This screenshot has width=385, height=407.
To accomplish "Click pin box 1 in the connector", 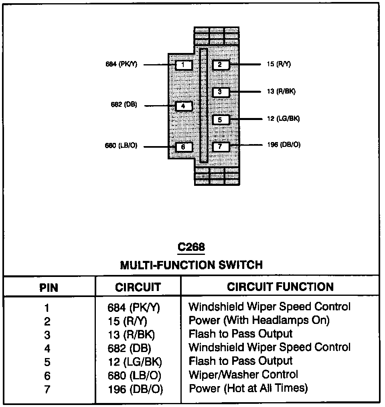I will pyautogui.click(x=183, y=64).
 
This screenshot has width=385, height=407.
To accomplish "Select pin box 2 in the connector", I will pyautogui.click(x=220, y=64).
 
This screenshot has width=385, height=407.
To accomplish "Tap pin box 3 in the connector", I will pyautogui.click(x=220, y=92).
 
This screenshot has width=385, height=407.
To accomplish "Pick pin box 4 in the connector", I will pyautogui.click(x=183, y=106).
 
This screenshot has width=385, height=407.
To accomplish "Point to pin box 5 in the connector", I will pyautogui.click(x=220, y=120).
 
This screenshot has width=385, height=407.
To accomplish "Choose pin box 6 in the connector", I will pyautogui.click(x=183, y=147).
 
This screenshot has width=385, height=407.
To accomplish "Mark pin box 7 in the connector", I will pyautogui.click(x=220, y=147).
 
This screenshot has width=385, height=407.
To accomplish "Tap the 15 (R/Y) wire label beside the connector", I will pyautogui.click(x=278, y=64).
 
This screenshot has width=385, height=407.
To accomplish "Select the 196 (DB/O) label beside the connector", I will pyautogui.click(x=284, y=145).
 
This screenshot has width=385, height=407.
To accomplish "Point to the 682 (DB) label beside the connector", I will pyautogui.click(x=124, y=105).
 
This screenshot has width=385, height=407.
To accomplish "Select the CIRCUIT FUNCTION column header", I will pyautogui.click(x=280, y=287).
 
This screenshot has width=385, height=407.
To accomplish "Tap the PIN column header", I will pyautogui.click(x=49, y=287).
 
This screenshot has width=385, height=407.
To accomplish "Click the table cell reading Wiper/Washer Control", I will pyautogui.click(x=243, y=374).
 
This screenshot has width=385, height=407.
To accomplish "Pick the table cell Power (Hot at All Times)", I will pyautogui.click(x=248, y=388).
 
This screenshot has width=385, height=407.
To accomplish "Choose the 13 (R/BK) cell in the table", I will pyautogui.click(x=131, y=334).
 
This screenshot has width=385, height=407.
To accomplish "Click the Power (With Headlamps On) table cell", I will pyautogui.click(x=259, y=320).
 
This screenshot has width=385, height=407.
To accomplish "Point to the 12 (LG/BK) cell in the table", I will pyautogui.click(x=135, y=362).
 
